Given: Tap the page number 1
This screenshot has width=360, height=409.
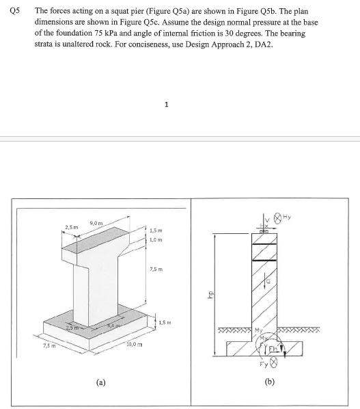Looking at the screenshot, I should [166, 104].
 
